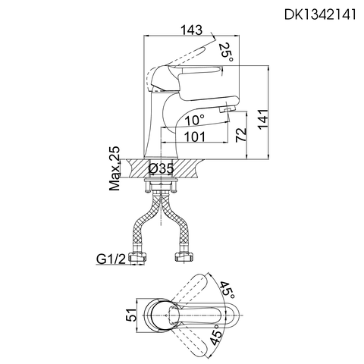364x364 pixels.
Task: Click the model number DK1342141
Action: [x=320, y=14]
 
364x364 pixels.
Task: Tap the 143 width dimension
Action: [x=192, y=30]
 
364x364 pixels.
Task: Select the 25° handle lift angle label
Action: [x=226, y=52]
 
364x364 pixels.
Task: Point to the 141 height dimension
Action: [x=263, y=119]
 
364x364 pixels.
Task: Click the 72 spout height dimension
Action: [x=240, y=135]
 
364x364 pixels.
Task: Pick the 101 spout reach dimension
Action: [x=195, y=137]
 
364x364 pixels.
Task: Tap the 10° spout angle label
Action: [x=194, y=120]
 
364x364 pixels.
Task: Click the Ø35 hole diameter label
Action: [x=161, y=168]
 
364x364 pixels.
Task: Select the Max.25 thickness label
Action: [x=115, y=168]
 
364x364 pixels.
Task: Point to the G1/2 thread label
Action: [x=111, y=259]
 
